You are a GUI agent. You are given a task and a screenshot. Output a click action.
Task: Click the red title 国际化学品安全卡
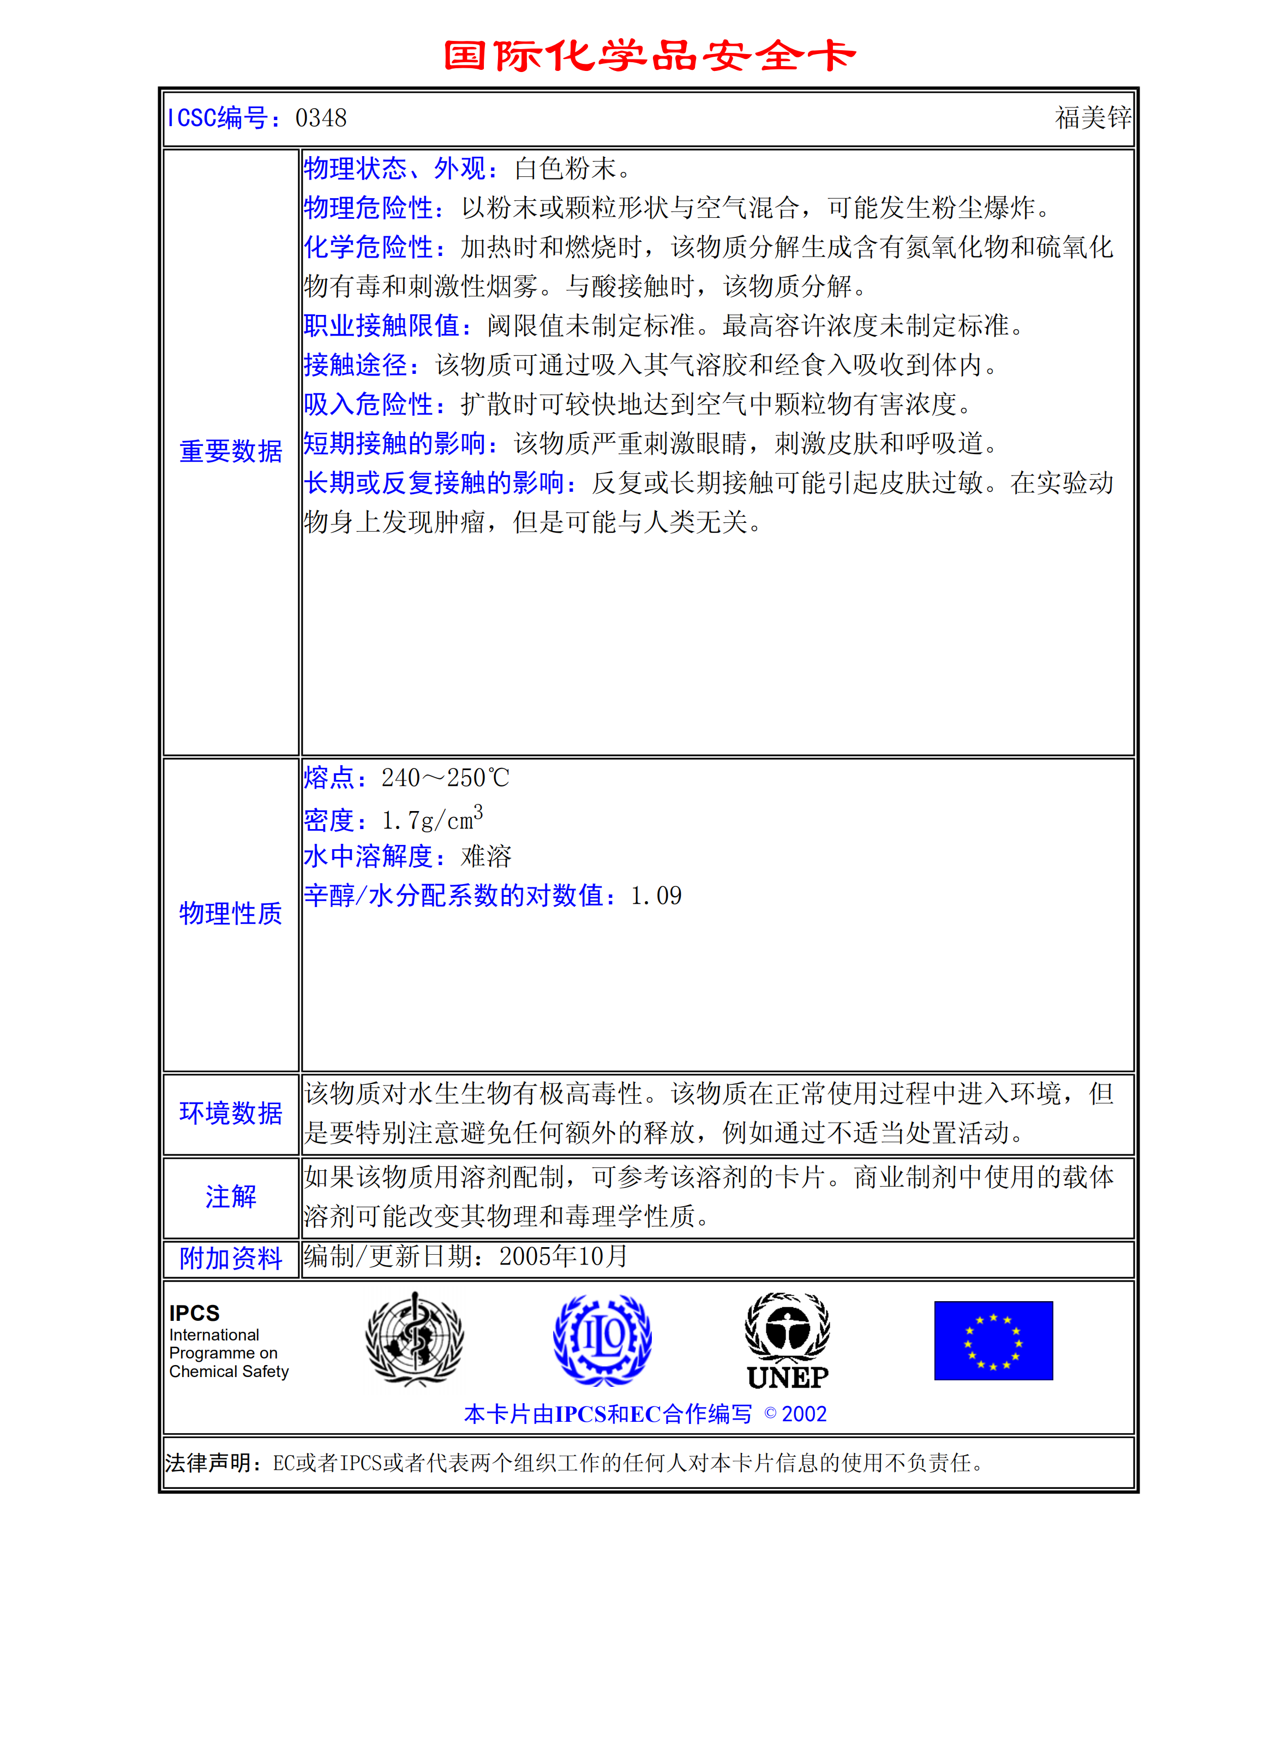(649, 56)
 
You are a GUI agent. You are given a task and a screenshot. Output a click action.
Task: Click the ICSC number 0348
(321, 118)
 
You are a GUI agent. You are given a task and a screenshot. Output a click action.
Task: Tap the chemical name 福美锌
(1092, 118)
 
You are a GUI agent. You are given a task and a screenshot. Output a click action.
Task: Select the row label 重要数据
(230, 451)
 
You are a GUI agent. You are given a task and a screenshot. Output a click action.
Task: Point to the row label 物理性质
(230, 913)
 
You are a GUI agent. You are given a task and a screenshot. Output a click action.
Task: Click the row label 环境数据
(230, 1113)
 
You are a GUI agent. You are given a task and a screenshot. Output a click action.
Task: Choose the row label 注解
(230, 1196)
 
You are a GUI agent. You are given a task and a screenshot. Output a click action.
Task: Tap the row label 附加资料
(230, 1258)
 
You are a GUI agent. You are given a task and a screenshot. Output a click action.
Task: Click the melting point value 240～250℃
(445, 778)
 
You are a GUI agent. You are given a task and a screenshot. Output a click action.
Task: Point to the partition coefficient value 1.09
(656, 896)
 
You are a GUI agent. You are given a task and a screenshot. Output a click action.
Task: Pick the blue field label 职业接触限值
(382, 325)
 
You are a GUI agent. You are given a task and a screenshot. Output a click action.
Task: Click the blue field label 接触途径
(356, 365)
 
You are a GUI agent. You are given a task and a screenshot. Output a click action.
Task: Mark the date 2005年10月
(563, 1256)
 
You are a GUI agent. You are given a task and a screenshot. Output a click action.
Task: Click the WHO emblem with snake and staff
(415, 1340)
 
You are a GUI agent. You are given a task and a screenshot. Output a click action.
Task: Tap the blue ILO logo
(602, 1340)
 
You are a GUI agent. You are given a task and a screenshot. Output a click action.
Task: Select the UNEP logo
(787, 1341)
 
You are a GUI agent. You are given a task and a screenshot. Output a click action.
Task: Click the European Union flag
(993, 1341)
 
